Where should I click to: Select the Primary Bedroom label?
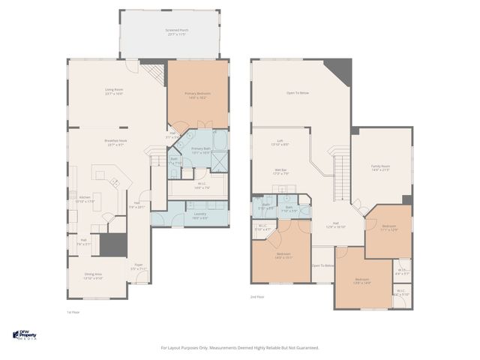click(198, 95)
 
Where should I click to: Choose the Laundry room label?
click(199, 215)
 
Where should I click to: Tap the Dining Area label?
click(93, 276)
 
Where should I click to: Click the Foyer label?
click(139, 265)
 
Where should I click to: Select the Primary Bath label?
click(200, 151)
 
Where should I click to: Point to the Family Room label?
click(381, 168)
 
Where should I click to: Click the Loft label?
click(280, 142)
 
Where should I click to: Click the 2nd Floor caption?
click(258, 297)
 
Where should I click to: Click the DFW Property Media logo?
click(25, 334)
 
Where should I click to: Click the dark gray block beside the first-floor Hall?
click(114, 245)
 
